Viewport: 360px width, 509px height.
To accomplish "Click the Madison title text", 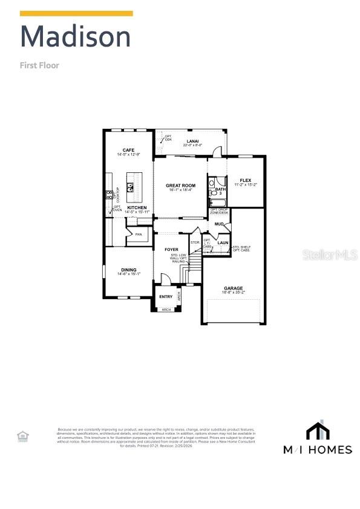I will point(75,37).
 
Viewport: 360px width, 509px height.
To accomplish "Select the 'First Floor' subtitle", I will point(39,65).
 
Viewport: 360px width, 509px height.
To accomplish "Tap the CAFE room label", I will point(128,150).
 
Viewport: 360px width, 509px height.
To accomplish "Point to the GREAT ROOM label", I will point(180,186).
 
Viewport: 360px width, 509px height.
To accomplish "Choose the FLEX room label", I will point(245,180).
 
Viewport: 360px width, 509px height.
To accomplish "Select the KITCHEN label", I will point(137,208).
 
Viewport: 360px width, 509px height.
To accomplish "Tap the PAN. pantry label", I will point(139,234).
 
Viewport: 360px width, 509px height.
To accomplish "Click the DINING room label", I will point(128,270).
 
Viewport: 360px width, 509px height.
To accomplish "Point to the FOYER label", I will point(171,249).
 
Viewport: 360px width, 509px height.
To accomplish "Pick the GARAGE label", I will point(233,288).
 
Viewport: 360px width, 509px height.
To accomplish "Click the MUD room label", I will point(219,224).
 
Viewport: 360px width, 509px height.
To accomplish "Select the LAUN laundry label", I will point(223,242).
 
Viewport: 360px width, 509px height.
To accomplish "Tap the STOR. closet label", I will point(195,242).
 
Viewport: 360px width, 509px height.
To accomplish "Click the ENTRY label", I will point(166,296).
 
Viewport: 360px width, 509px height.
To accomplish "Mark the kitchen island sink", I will point(130,186).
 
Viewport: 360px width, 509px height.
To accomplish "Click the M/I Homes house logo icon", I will point(318,430).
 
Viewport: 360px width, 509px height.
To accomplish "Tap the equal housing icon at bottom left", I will point(22,435).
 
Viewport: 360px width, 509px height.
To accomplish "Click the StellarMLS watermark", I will point(330,256).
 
